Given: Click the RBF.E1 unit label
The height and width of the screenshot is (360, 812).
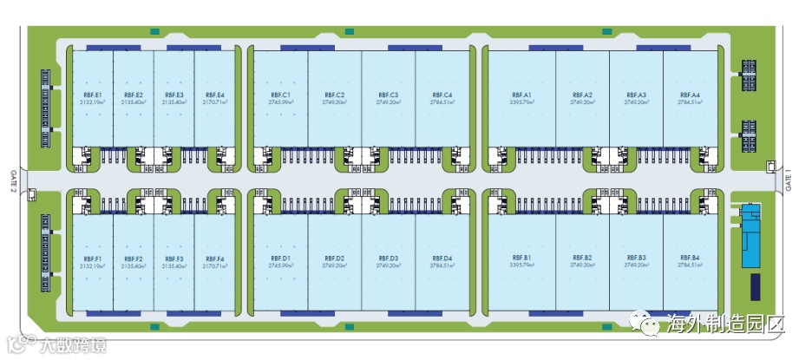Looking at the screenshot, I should pos(93,95).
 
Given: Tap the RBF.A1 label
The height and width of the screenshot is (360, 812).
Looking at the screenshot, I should pos(521,95).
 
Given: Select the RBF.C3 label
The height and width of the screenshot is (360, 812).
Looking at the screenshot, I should pos(389,95).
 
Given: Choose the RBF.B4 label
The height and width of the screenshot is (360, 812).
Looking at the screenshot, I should pos(690,259).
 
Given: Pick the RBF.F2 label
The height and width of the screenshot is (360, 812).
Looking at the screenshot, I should pos(133,259).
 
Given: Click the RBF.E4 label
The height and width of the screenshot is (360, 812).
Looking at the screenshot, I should pos(214,95).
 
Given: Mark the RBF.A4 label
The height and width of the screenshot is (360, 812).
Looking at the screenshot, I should pos(690,95).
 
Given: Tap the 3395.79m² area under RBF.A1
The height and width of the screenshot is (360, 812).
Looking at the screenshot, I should pos(521,101).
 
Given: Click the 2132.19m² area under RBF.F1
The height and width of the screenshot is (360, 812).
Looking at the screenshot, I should pos(93,265).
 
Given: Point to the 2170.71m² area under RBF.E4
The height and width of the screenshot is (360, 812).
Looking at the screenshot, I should pos(214,101).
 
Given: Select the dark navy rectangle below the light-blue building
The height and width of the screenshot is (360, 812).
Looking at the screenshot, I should pos(755,285).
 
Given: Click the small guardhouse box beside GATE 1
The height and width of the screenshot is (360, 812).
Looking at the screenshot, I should pos(770,167).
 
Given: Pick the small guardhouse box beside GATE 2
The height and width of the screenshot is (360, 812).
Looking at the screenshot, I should pos(31,195).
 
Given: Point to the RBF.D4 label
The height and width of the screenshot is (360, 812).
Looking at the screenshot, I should pos(442,259).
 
